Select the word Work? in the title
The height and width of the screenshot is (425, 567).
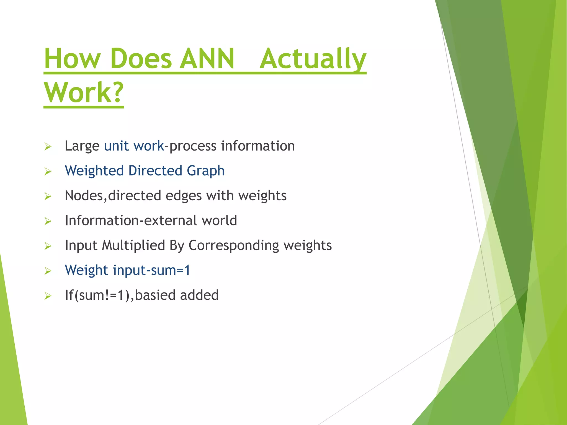84,92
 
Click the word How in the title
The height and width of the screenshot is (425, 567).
72,59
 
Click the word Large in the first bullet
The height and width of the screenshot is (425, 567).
82,146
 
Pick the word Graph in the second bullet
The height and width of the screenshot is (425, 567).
205,171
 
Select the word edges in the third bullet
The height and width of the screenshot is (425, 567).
184,196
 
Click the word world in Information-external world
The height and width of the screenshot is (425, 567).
219,221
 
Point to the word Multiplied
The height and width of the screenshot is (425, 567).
133,246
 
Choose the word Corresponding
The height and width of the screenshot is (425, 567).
234,246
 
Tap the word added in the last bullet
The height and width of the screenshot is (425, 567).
199,295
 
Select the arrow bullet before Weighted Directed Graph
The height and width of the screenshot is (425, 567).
48,172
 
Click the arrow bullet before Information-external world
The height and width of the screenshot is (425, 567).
48,221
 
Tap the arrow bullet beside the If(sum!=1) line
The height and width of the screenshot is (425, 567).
48,296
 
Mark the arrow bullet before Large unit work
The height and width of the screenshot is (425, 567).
48,147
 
